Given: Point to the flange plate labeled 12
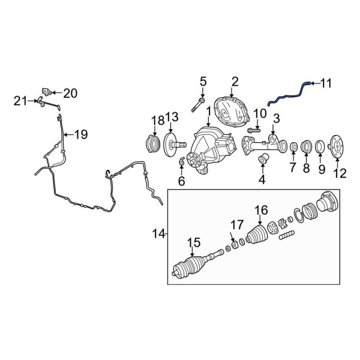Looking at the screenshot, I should point(337,149).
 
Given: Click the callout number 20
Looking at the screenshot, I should point(70,93).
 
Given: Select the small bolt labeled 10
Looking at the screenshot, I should point(253,130).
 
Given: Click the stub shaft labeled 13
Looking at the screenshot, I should point(175,145).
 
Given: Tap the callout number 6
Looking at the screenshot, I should point(181,181).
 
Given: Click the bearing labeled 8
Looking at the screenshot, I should point(305,147).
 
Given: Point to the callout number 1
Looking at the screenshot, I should point(208,112).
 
